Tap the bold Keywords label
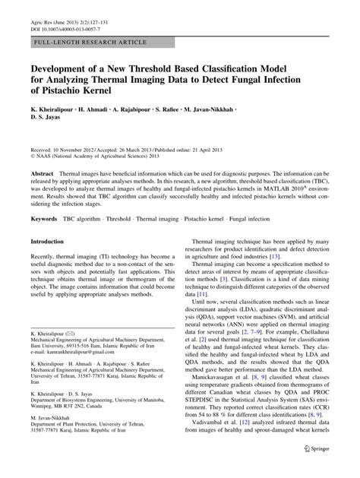point(44,219)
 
